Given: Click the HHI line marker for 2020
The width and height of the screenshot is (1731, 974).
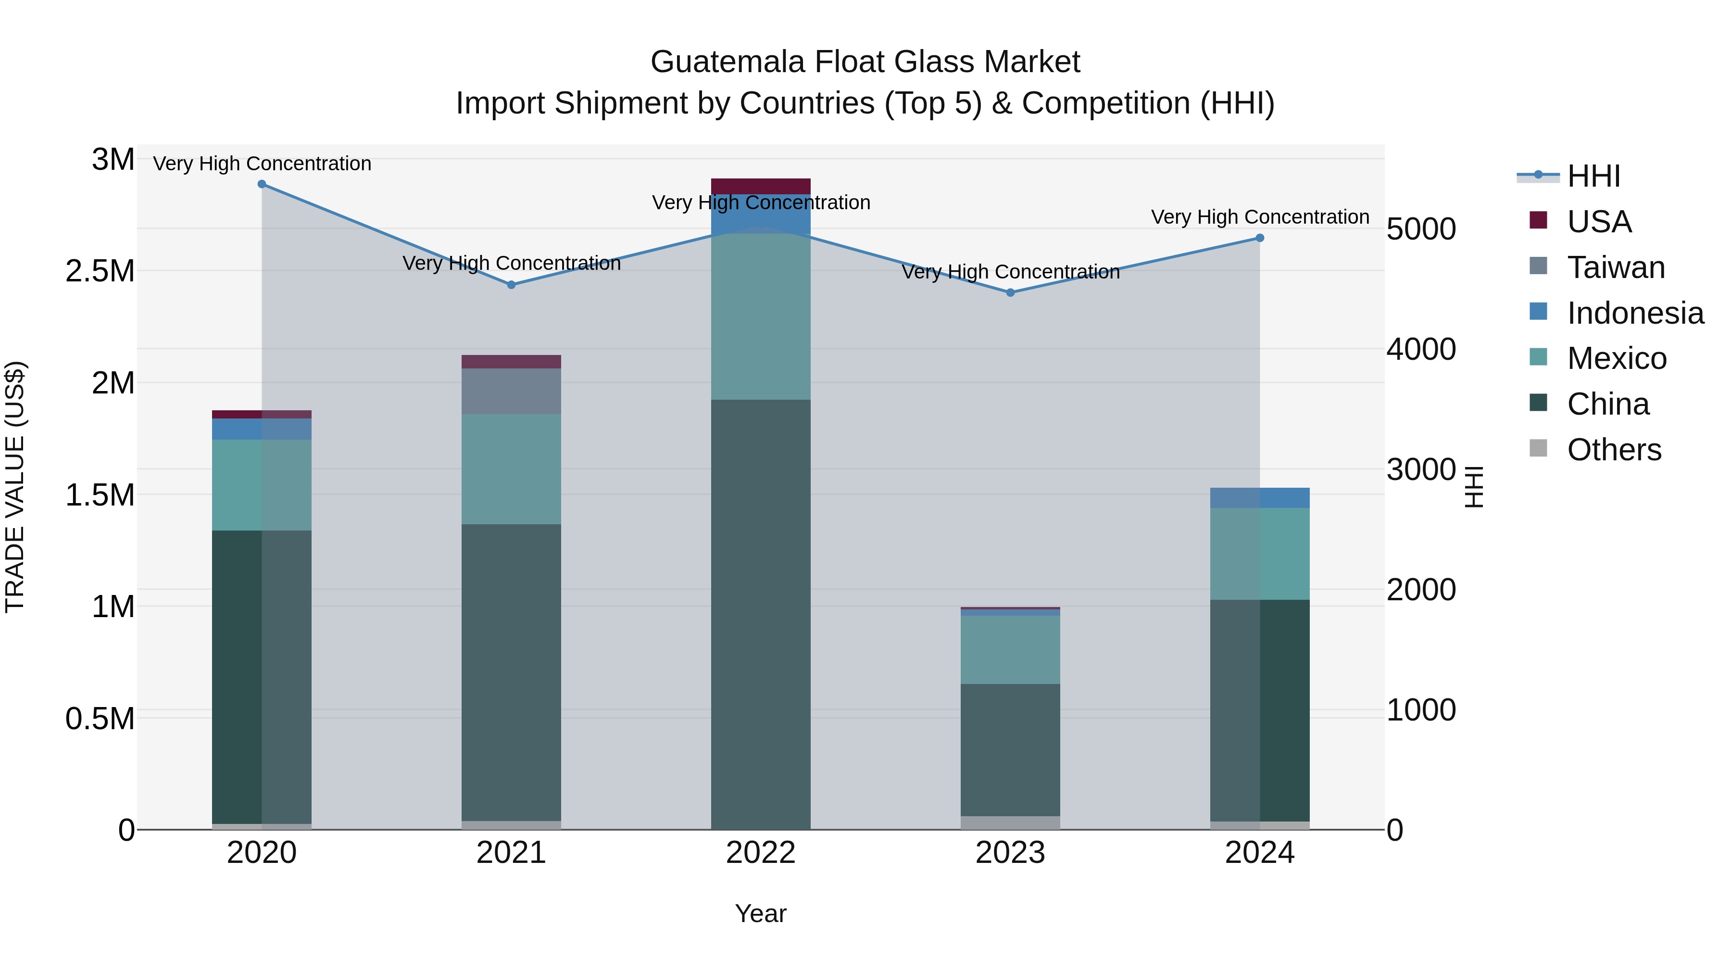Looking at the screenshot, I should coord(262,184).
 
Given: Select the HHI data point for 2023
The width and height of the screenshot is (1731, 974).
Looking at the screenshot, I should coord(1010,292).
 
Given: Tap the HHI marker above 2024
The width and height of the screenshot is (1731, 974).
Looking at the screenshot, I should coord(1259,238).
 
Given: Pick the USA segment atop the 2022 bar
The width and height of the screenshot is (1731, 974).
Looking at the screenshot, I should coord(761,186).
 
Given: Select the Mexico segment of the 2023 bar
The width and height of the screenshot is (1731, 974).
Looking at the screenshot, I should coord(1010,649).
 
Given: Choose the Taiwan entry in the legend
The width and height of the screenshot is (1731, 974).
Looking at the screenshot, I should coord(1616,267).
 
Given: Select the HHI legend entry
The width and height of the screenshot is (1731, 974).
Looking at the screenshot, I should coord(1593,176).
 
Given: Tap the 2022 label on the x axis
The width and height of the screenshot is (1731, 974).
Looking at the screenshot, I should coord(761,853).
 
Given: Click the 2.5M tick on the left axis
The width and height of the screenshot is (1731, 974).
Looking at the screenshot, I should coord(100,272).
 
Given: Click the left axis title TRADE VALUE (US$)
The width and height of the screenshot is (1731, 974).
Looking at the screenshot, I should coord(15,487).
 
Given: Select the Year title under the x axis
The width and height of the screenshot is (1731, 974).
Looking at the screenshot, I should coord(761,913).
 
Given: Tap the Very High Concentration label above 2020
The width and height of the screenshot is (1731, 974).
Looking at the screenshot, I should coord(262,164).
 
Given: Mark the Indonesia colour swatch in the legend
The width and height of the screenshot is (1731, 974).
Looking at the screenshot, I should coord(1538,311).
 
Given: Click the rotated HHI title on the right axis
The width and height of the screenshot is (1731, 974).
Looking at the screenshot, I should coord(1474,487).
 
